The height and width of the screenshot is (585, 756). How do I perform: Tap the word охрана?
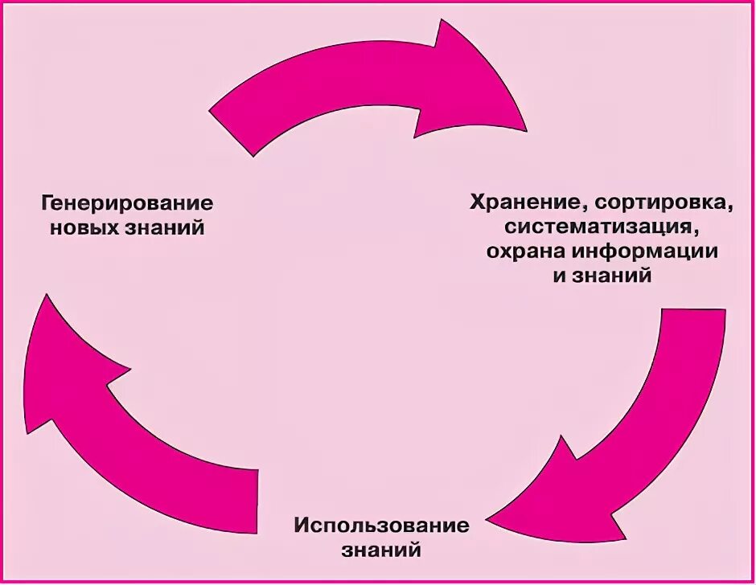pos(524,251)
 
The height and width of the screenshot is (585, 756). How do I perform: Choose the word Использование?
pos(381,526)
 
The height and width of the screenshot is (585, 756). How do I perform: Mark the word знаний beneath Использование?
pos(381,552)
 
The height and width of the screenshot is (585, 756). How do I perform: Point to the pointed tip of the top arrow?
pos(526,129)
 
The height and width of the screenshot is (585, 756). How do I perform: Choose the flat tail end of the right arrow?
pos(692,312)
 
